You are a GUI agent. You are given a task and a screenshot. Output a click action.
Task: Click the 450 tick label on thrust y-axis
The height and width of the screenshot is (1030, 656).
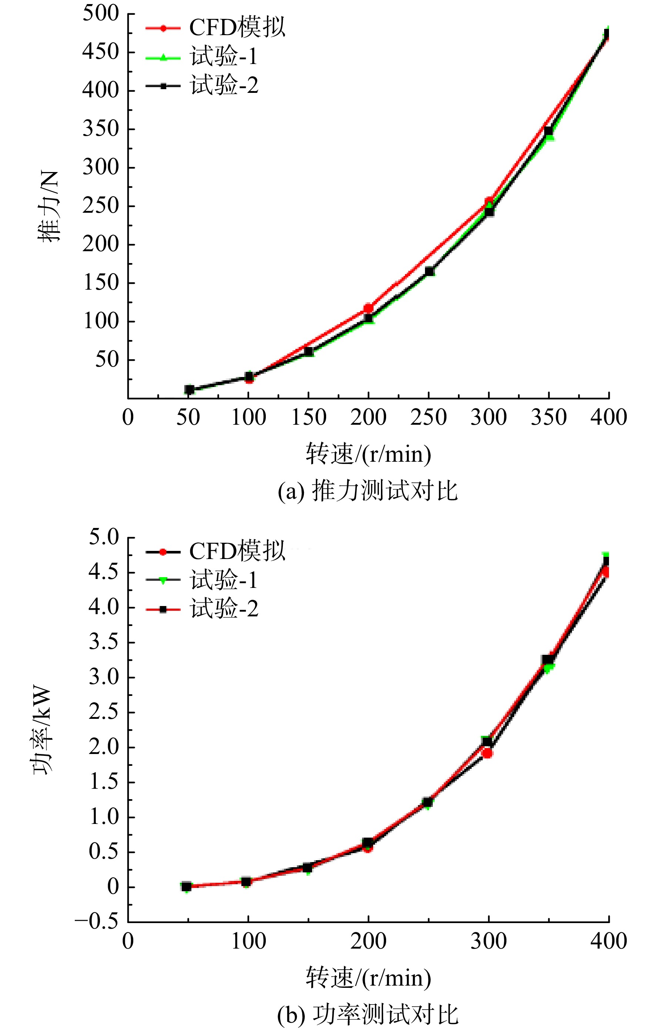tap(101, 52)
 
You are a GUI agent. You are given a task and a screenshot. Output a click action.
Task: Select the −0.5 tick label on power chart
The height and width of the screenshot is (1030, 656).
tap(97, 920)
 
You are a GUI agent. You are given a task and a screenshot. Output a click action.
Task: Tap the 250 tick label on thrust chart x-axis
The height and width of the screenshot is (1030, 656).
tap(428, 417)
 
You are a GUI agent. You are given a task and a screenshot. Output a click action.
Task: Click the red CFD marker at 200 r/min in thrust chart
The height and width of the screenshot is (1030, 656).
tap(368, 308)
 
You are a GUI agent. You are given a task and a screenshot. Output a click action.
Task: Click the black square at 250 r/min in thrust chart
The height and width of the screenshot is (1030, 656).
tap(429, 272)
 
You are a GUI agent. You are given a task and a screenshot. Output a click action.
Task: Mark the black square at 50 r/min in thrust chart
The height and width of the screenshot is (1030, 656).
tap(189, 390)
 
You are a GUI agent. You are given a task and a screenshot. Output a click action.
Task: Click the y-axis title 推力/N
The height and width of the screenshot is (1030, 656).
tap(49, 206)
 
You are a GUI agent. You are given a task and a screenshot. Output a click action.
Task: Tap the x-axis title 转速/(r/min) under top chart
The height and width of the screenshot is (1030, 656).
tap(368, 454)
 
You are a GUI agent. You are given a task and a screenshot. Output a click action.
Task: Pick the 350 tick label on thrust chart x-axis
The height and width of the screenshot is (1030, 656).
tap(549, 417)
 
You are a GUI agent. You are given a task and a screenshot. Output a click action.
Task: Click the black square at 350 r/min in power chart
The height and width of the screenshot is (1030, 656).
tap(547, 660)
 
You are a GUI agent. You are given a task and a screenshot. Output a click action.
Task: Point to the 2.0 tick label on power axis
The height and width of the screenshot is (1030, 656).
tap(104, 747)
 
